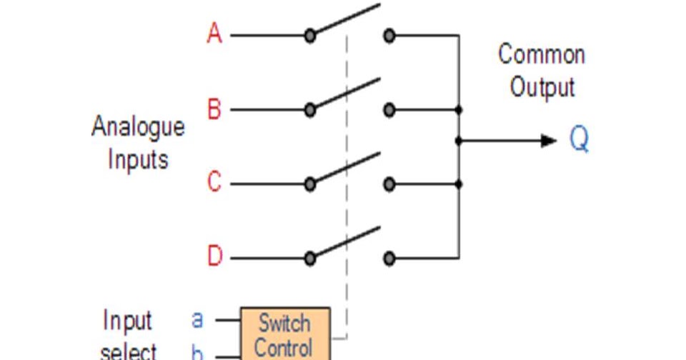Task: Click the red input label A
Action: click(214, 33)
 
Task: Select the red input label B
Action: click(214, 109)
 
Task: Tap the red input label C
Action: click(214, 183)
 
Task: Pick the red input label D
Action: click(214, 256)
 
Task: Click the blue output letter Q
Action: click(580, 139)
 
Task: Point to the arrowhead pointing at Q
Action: click(549, 141)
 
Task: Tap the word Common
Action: click(541, 54)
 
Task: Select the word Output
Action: click(542, 87)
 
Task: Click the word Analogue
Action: click(138, 126)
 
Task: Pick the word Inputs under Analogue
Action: click(138, 159)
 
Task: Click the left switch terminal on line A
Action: click(309, 35)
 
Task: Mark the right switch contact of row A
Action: click(389, 35)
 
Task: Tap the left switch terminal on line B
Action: click(309, 110)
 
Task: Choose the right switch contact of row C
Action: click(389, 184)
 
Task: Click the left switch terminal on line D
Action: click(309, 258)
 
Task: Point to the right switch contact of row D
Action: click(389, 258)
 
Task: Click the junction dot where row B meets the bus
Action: click(458, 110)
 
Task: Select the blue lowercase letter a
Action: click(197, 319)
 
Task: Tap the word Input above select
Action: click(128, 321)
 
